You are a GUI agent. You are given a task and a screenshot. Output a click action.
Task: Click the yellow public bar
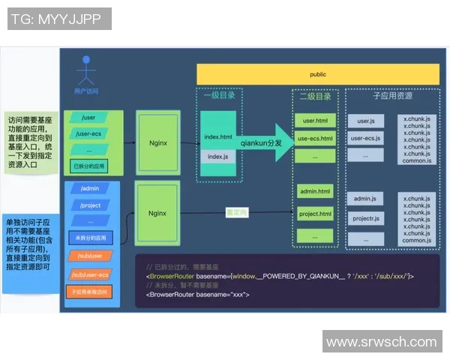point(318,74)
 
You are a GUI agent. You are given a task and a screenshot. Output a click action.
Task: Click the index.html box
point(218,137)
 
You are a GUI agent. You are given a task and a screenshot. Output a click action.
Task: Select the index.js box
point(218,157)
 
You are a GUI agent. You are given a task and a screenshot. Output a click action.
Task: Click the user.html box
point(314,121)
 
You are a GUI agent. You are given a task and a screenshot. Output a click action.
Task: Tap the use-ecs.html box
point(314,138)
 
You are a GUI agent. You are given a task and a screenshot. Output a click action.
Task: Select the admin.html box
point(314,191)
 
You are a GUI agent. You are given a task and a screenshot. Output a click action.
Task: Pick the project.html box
point(314,213)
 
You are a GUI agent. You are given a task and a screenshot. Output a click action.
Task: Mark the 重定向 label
point(238,213)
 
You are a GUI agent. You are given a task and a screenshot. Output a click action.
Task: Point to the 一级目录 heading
point(217,96)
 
